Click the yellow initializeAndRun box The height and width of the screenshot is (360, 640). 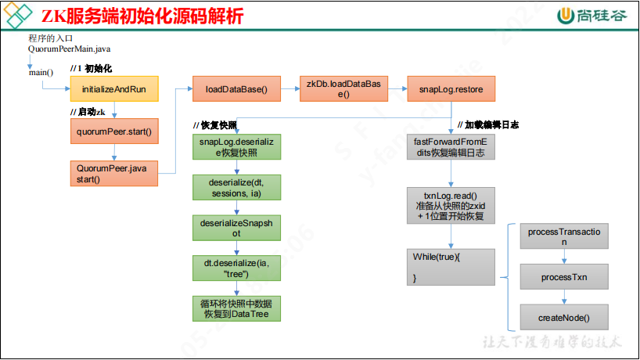[x=114, y=89]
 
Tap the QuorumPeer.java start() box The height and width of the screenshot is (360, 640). [x=114, y=173]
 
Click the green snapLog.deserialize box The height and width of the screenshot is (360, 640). [x=236, y=147]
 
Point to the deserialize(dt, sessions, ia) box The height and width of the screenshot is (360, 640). [x=236, y=188]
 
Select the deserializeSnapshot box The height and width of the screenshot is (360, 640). [x=236, y=228]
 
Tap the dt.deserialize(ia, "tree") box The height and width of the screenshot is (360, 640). [x=236, y=268]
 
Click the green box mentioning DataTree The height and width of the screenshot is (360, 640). [x=236, y=308]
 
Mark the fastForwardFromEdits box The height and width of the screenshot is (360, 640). [x=451, y=147]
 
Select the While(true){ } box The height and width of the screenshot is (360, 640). [x=451, y=267]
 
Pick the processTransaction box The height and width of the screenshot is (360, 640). [x=563, y=236]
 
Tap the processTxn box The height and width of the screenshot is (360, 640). [x=563, y=277]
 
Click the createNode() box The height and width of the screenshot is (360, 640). [x=563, y=318]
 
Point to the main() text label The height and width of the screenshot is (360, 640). [x=41, y=73]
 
